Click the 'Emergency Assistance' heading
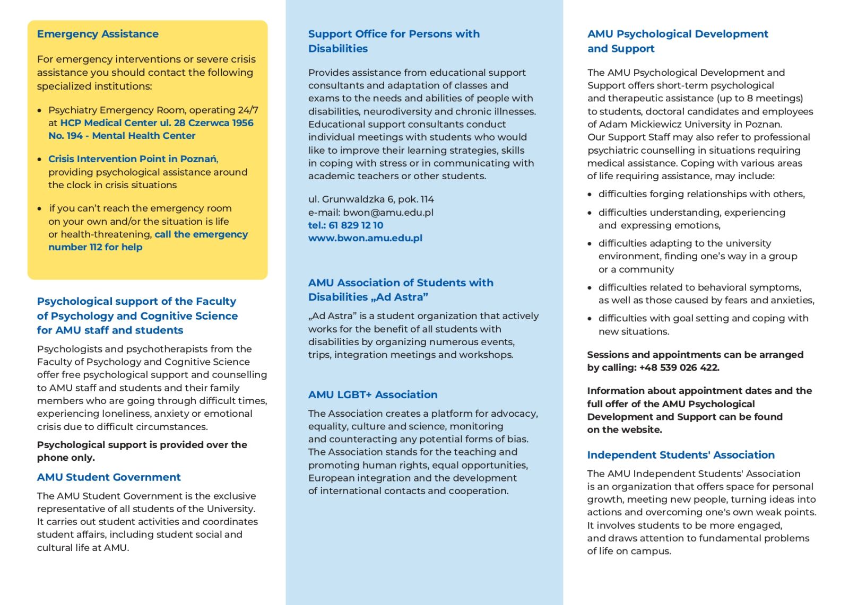(x=98, y=34)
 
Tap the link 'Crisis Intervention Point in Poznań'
(x=133, y=159)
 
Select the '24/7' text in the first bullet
(x=248, y=110)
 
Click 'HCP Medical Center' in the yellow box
(x=108, y=123)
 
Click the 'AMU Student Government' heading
(x=109, y=477)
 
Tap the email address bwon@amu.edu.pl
(x=388, y=213)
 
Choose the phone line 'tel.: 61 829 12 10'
(x=345, y=225)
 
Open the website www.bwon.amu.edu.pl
(x=365, y=238)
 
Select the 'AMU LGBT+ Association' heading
(x=372, y=395)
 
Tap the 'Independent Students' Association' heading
(x=680, y=455)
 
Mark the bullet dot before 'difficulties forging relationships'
(x=590, y=195)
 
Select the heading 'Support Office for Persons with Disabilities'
(x=393, y=41)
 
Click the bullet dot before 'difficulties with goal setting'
(x=590, y=319)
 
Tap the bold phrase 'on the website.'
(x=624, y=430)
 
